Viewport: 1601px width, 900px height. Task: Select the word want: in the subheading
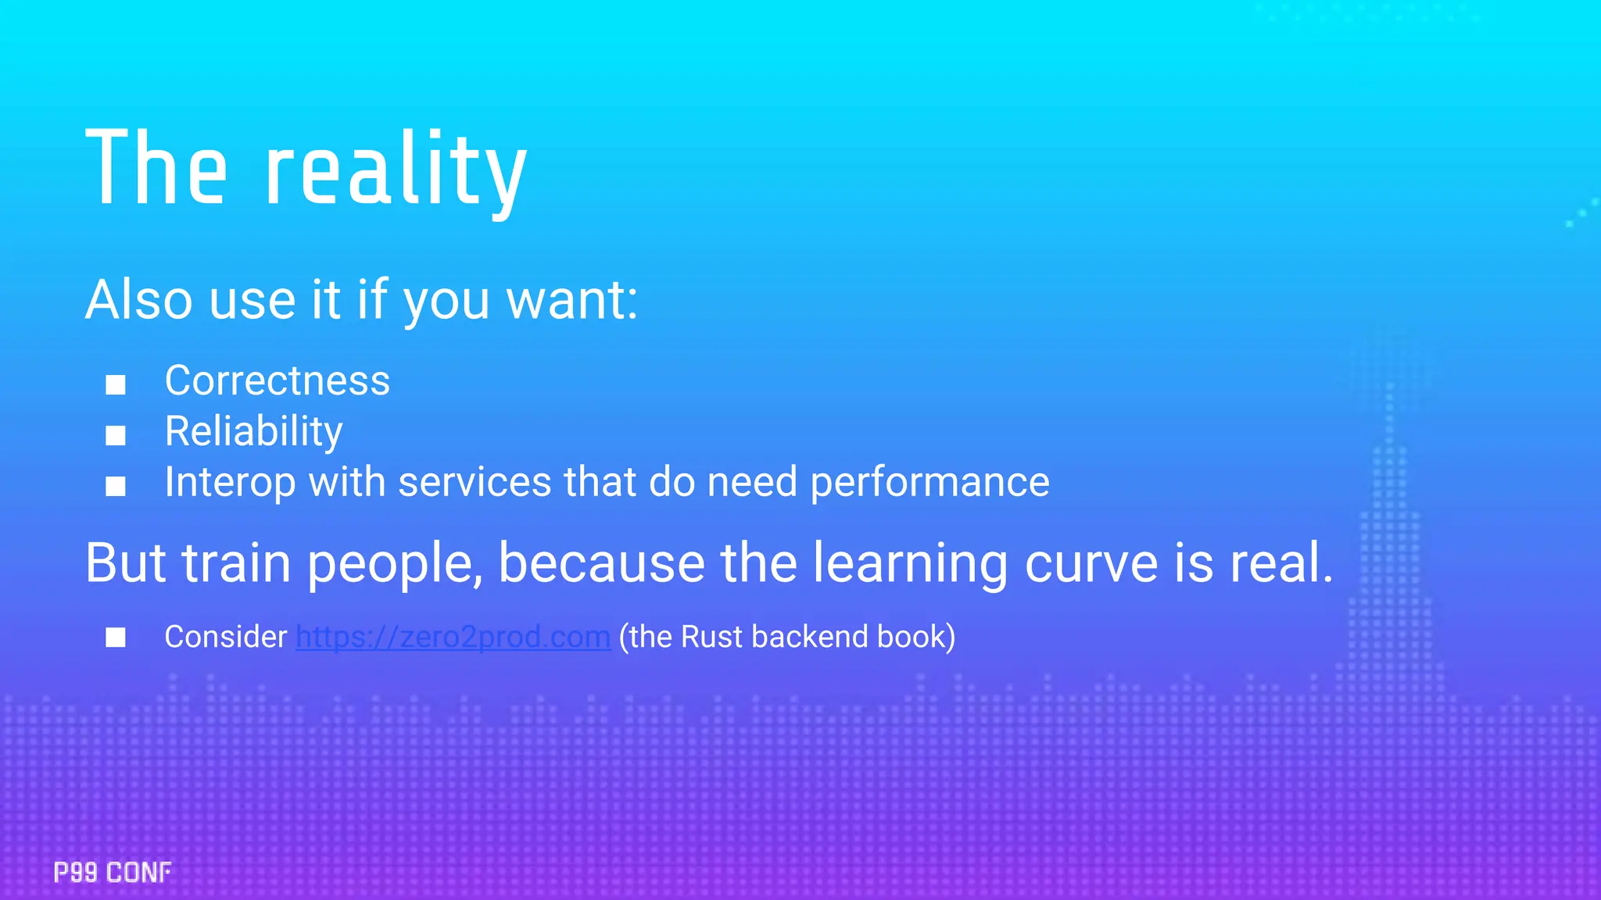coord(572,300)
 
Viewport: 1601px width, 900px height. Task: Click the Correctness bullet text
coord(277,381)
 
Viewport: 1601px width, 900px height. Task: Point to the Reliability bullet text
coord(253,432)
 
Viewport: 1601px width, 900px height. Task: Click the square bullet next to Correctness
coord(116,384)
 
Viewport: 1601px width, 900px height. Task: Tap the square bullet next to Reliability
coord(116,435)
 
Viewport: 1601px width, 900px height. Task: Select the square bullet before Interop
coord(116,486)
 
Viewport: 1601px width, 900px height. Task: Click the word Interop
coord(230,483)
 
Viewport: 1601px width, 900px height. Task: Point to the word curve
coord(1091,562)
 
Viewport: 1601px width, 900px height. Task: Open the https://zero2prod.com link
coord(453,637)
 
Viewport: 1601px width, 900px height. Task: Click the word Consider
coord(225,637)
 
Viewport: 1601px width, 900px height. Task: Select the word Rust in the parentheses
coord(711,637)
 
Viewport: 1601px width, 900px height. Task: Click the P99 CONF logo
coord(113,872)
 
